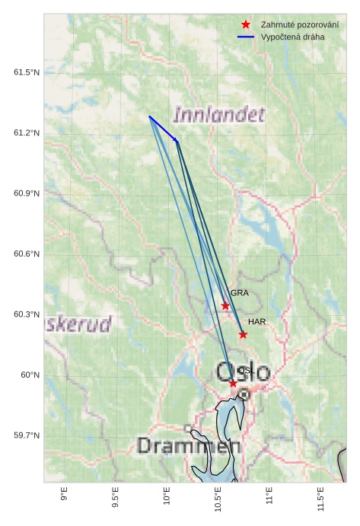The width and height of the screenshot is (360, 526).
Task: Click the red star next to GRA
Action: (x=225, y=306)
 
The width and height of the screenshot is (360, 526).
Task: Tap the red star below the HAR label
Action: (x=243, y=334)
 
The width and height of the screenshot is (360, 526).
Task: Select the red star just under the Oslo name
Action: (x=233, y=383)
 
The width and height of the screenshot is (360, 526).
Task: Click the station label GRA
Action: (x=240, y=293)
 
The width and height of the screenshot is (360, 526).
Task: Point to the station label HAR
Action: (x=256, y=322)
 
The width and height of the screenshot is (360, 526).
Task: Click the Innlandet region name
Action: (x=219, y=115)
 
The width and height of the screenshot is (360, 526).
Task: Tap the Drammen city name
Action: (x=190, y=446)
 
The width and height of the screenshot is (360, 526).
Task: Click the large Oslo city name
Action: (x=243, y=372)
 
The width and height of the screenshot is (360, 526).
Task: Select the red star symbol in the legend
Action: (x=246, y=24)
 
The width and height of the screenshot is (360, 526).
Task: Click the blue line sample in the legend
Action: (x=246, y=37)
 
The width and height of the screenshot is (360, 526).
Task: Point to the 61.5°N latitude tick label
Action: (x=26, y=72)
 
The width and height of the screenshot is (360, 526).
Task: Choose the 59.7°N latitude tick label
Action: (x=26, y=435)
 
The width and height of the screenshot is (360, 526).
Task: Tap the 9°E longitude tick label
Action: (x=64, y=495)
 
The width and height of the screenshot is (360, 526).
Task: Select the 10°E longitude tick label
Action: (x=167, y=497)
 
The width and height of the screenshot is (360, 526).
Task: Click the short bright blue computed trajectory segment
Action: (x=164, y=129)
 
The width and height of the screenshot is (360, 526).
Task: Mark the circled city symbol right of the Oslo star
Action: (x=244, y=394)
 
